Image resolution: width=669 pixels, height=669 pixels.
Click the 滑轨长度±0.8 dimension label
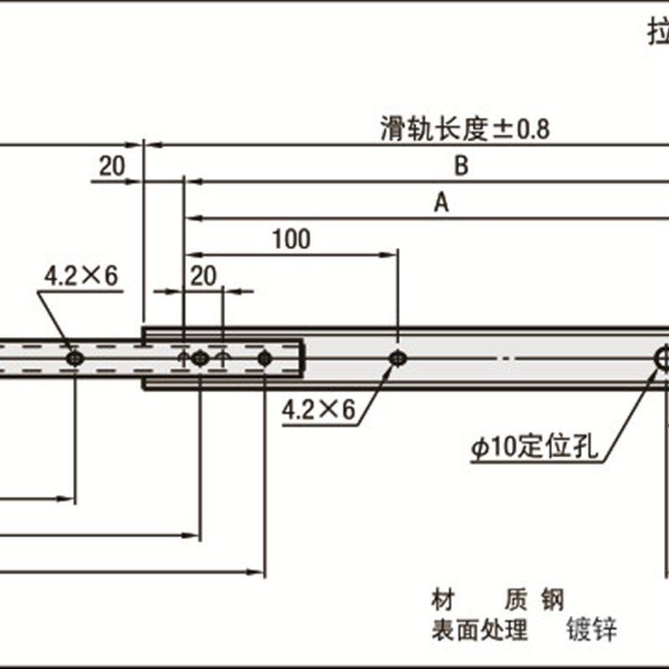coord(465,130)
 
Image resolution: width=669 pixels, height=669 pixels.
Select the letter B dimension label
coord(461,166)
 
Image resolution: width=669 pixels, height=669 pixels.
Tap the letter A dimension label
coord(442,202)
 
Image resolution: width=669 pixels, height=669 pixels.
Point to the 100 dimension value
coord(291,239)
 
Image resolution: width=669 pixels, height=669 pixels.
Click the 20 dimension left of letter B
coord(111,166)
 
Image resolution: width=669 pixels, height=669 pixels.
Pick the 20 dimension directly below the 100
coord(203,277)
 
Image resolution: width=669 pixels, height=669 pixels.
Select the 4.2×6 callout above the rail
coord(81,277)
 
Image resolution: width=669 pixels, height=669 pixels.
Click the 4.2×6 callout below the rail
coord(319,409)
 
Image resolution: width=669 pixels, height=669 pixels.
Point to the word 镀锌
coord(592,629)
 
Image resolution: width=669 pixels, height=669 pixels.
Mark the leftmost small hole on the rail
coord(75,358)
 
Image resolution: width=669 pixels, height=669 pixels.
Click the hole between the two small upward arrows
coord(199,358)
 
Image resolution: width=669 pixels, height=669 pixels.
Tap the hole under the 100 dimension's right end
coord(398,358)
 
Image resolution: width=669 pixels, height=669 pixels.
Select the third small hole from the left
coord(264,358)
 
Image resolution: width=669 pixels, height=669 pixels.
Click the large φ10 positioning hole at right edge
coord(663,358)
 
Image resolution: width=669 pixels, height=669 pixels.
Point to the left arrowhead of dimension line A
coord(191,218)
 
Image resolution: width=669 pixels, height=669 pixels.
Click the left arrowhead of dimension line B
coord(191,180)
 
